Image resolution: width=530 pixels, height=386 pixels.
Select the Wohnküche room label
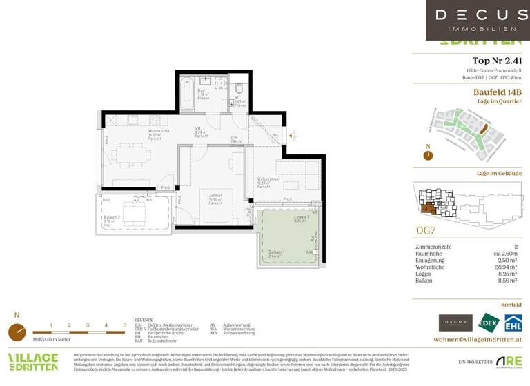point(159,133)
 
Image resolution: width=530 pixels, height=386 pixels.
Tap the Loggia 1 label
point(299,218)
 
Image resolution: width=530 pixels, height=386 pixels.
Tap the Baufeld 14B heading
point(496,92)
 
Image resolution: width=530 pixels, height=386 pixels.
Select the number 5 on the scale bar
point(124,324)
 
